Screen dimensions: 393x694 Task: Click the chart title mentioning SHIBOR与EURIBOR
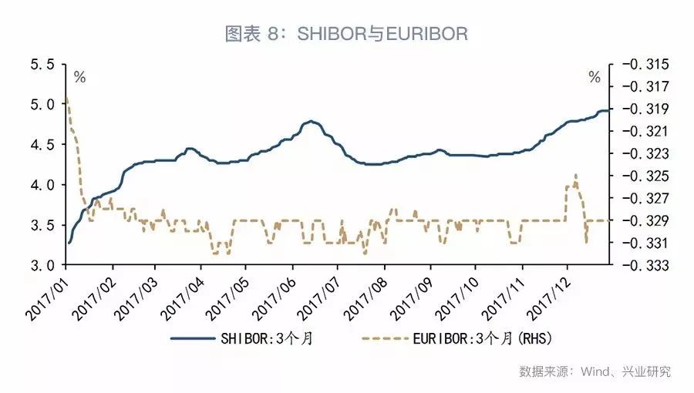pyautogui.click(x=346, y=34)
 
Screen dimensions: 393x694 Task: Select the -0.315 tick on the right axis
pyautogui.click(x=639, y=64)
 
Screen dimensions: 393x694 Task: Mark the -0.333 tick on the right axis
pyautogui.click(x=639, y=265)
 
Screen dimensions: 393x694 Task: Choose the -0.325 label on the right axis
pyautogui.click(x=639, y=176)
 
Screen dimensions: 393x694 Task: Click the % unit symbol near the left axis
pyautogui.click(x=79, y=77)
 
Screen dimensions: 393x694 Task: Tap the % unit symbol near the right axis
pyautogui.click(x=594, y=77)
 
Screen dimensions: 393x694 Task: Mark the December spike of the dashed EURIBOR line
pyautogui.click(x=575, y=175)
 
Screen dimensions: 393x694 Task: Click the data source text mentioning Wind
pyautogui.click(x=595, y=371)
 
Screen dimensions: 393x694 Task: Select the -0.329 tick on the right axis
pyautogui.click(x=639, y=220)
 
